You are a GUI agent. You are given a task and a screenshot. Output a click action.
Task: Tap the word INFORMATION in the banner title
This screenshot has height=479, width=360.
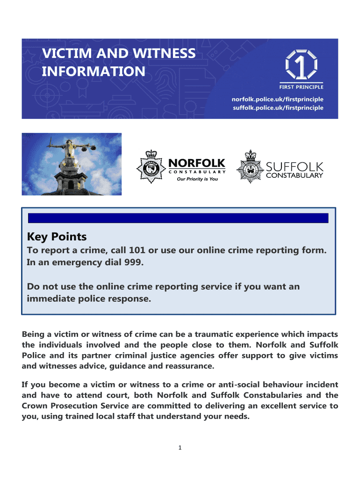coord(94,72)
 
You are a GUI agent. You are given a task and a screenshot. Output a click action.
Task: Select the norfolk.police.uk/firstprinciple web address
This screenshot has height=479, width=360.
coord(278,99)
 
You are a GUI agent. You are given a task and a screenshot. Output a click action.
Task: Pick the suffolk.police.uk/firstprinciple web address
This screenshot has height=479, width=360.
coord(278,108)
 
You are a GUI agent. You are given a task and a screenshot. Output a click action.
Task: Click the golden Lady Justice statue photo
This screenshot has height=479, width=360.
coord(72,164)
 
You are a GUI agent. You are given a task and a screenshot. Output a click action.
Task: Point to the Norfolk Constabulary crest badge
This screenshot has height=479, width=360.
coord(151,167)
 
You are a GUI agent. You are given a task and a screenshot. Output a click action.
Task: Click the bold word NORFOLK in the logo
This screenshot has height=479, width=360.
coord(196,163)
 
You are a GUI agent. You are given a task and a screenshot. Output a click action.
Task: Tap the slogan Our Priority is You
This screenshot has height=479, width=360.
coord(197,179)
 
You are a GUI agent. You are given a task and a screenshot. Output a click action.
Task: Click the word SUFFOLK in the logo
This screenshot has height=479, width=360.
coord(295,167)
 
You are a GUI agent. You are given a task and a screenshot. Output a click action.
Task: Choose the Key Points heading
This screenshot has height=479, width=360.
coord(57,237)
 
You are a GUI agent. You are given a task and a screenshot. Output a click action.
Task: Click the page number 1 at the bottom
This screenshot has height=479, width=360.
coord(180,448)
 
